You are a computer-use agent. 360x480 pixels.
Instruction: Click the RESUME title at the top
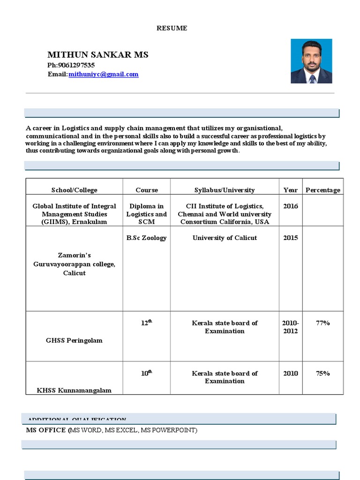172,28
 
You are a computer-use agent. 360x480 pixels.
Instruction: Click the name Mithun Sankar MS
97,55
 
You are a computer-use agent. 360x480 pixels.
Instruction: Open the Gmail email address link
103,74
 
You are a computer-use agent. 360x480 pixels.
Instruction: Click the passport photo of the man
311,61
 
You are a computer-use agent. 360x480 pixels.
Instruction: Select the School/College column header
74,190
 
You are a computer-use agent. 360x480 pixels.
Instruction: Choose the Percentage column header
323,190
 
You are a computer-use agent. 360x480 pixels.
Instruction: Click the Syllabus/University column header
225,190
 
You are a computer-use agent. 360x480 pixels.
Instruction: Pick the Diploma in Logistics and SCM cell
146,214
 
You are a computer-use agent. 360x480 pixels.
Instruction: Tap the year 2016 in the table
290,206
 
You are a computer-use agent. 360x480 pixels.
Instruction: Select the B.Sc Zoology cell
146,238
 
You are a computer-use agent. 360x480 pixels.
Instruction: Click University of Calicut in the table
225,238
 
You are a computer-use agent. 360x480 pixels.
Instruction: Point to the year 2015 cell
290,238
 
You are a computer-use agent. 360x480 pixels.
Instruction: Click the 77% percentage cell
322,323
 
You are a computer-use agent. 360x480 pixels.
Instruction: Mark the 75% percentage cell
322,373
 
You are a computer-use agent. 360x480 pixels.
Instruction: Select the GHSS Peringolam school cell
74,340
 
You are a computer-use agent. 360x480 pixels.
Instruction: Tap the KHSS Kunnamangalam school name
74,390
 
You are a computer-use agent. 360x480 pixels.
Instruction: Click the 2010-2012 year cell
290,327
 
